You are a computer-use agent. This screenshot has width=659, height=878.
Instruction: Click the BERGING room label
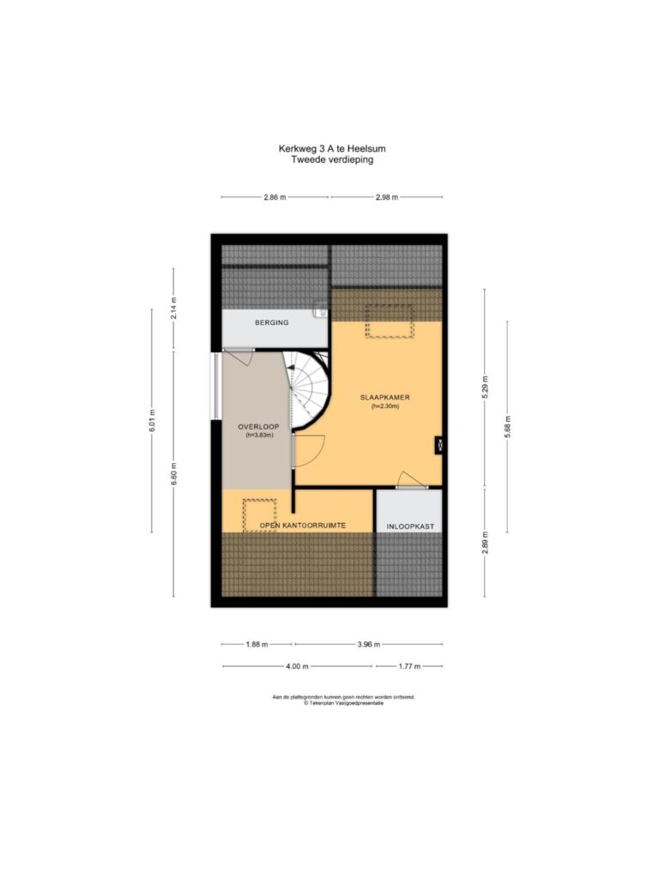(x=272, y=322)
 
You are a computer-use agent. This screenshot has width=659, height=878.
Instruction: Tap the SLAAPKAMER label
(x=385, y=398)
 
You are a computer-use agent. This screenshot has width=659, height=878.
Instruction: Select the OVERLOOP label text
(x=258, y=427)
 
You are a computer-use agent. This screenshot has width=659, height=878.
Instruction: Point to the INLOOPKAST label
(x=410, y=527)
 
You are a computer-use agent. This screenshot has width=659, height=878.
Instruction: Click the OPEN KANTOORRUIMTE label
(x=303, y=526)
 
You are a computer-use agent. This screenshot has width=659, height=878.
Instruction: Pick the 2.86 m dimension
(x=275, y=197)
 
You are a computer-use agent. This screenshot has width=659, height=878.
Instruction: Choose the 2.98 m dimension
(x=387, y=197)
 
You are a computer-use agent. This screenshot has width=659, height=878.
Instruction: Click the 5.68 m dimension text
(x=508, y=427)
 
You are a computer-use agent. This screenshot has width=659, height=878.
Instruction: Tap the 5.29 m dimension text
(x=486, y=387)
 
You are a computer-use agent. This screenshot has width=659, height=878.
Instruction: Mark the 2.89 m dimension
(x=486, y=543)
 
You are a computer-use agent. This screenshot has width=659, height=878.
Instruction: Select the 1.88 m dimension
(x=257, y=645)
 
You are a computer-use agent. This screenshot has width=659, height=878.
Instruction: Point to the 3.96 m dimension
(x=369, y=645)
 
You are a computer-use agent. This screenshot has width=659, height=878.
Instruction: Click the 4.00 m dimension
(x=297, y=666)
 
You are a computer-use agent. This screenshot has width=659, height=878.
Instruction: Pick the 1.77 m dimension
(x=409, y=666)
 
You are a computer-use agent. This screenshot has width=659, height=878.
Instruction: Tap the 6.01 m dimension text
(x=152, y=420)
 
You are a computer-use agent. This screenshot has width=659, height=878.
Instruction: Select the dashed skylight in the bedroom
(x=390, y=322)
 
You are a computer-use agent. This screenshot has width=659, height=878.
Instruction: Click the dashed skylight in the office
(x=259, y=515)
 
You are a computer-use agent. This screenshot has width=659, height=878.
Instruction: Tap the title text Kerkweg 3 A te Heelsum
(x=332, y=149)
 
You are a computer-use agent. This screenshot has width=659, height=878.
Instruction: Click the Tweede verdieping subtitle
(x=332, y=159)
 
